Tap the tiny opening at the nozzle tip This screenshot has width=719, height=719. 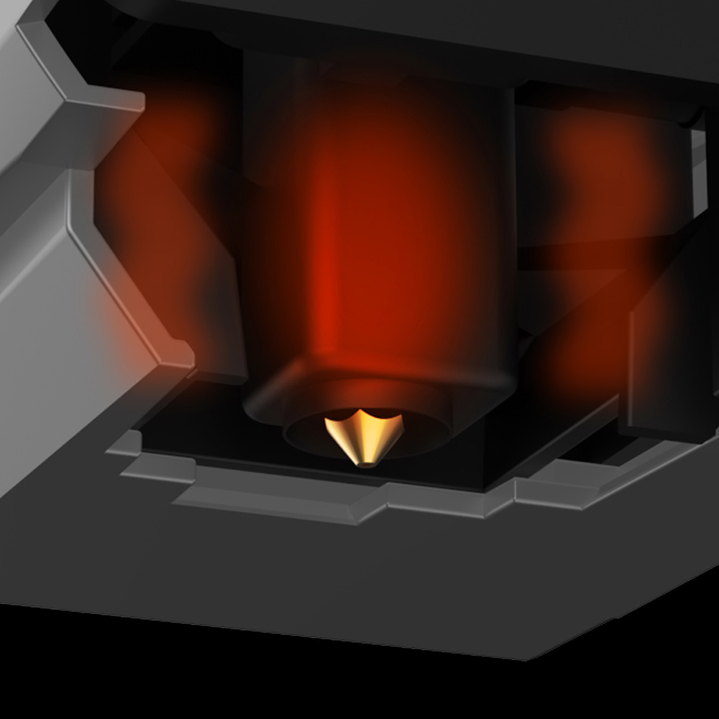pos(365,464)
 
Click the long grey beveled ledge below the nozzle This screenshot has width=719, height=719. pos(288,500)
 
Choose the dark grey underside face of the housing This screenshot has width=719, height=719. pos(288,575)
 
